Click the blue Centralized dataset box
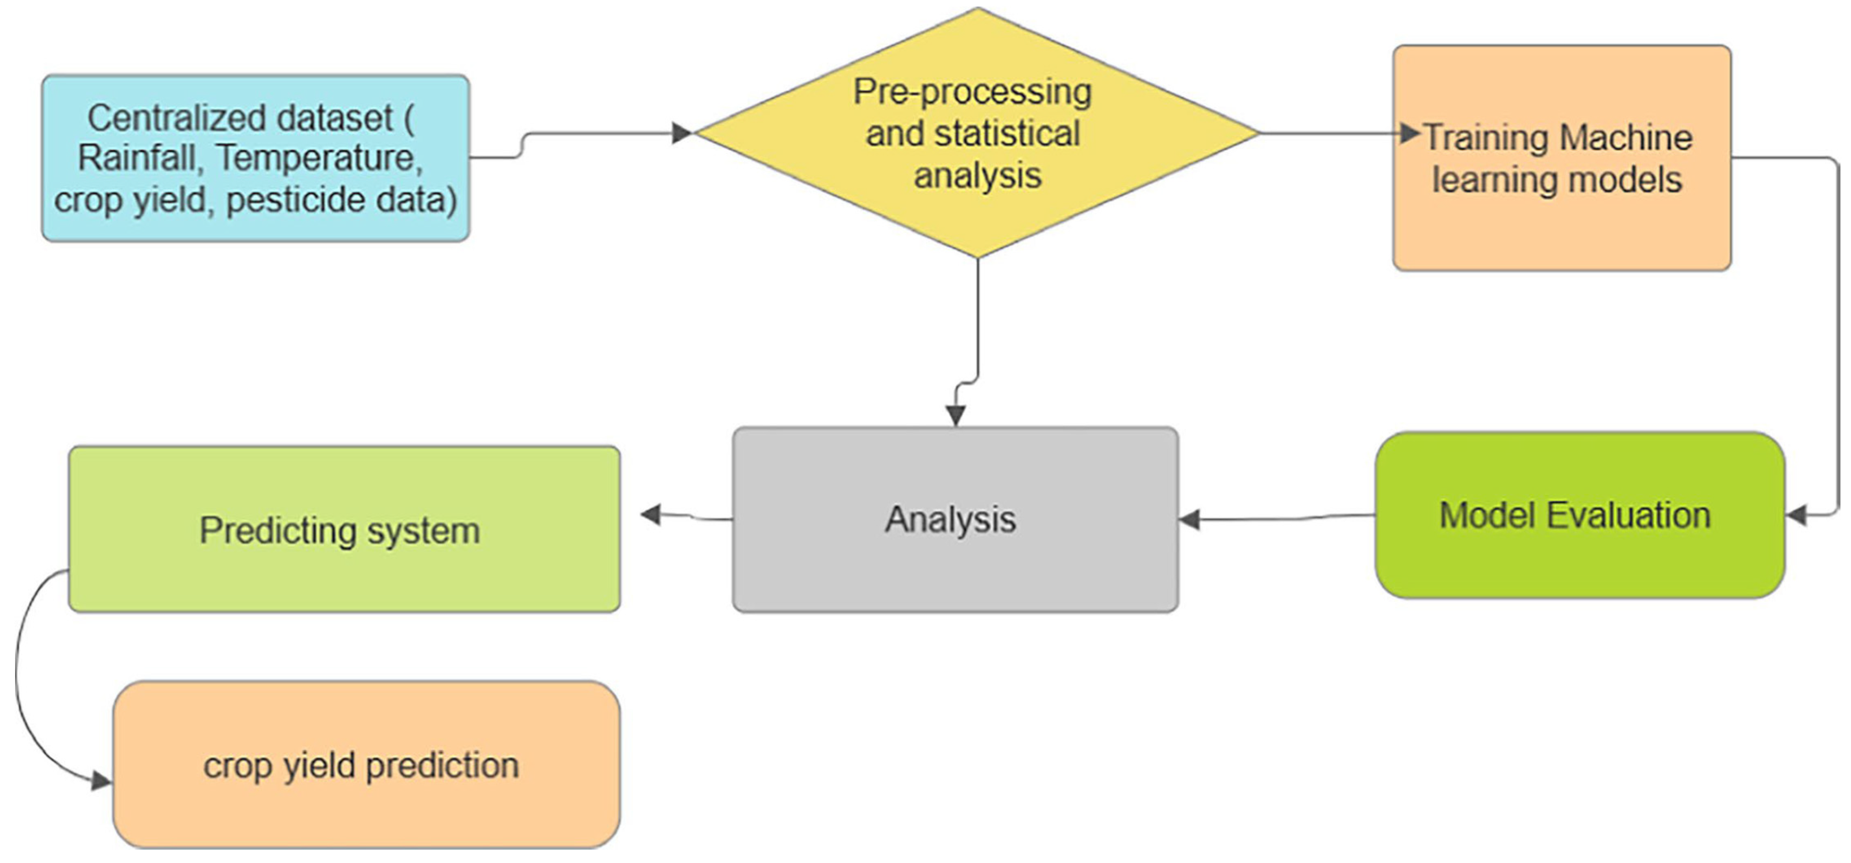255,158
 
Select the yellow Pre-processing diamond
977,133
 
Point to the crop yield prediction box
366,764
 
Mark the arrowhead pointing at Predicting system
650,515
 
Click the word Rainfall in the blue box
136,158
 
